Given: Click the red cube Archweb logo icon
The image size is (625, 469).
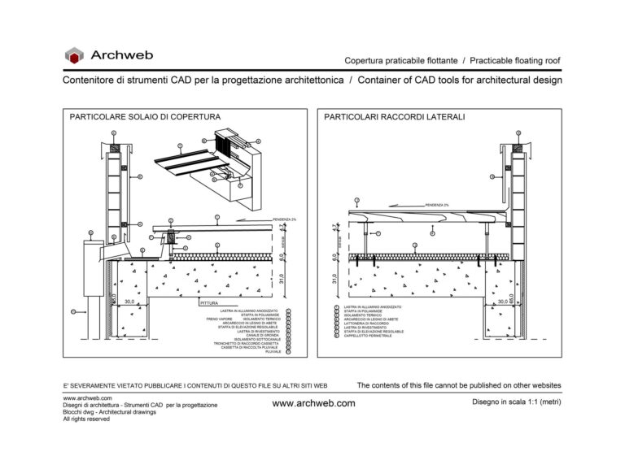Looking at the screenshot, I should (74, 55).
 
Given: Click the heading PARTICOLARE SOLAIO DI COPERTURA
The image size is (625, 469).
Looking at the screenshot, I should (145, 118).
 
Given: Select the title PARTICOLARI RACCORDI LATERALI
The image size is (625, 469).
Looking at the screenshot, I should (395, 118).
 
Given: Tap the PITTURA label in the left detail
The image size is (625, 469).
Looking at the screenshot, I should (210, 303).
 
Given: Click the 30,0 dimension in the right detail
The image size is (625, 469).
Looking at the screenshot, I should (502, 301).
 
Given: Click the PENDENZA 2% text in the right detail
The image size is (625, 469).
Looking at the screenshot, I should (435, 205).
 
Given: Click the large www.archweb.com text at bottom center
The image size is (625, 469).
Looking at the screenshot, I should (313, 403).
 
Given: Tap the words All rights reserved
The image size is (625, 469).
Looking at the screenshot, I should (86, 419).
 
